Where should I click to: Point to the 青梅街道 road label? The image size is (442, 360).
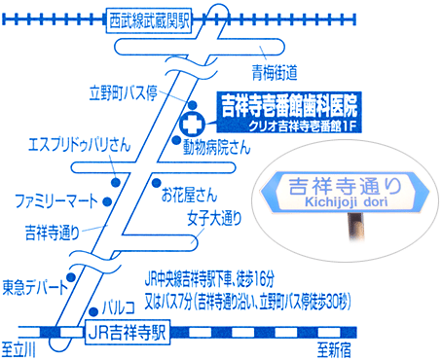(275, 70)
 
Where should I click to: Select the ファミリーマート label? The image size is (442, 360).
(55, 199)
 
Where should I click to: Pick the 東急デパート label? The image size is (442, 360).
(36, 286)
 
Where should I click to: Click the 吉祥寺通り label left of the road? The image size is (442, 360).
(51, 233)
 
